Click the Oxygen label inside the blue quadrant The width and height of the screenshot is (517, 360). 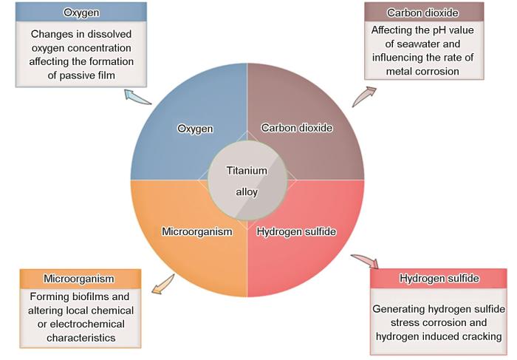pos(195,129)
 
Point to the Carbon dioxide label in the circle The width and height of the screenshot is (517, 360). pos(298,128)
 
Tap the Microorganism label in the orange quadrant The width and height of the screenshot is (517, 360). pos(197,231)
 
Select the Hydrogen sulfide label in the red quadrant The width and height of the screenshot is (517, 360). pos(297,231)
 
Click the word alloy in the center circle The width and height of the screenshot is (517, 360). pos(247,191)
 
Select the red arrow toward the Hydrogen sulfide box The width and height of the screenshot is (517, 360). pos(365,261)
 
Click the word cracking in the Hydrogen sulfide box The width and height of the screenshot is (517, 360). pos(482,337)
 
